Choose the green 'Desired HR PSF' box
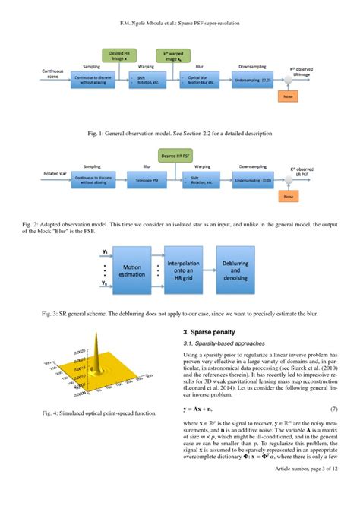178,156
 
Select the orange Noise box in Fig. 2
286,196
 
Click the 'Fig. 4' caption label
53,413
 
